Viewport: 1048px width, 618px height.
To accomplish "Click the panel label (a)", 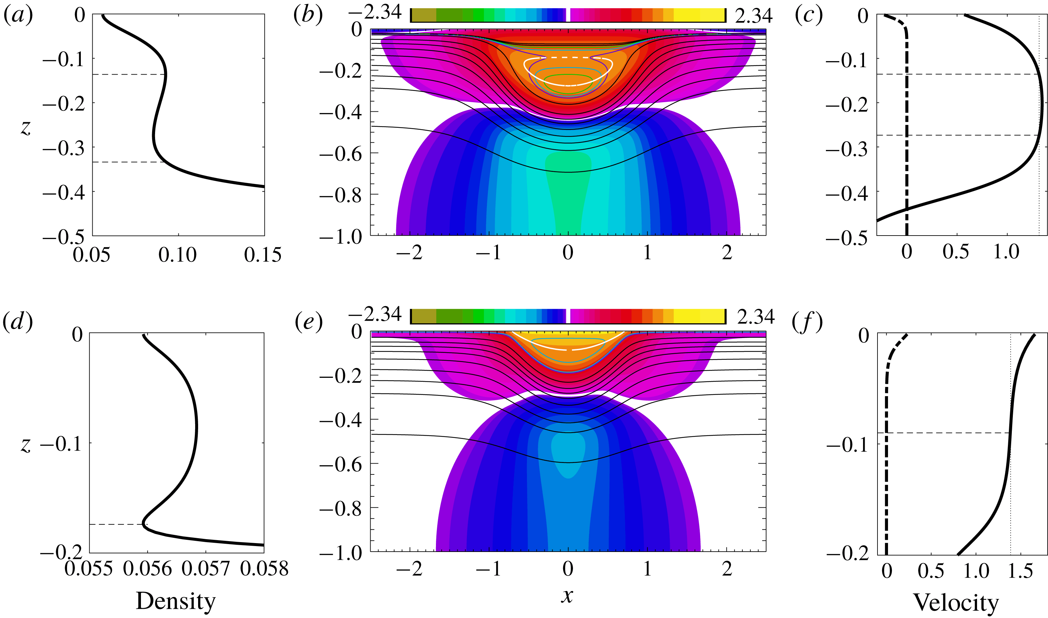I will click(18, 15).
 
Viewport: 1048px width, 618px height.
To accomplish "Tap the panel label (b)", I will click(308, 15).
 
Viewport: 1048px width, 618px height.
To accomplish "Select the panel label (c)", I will click(809, 15).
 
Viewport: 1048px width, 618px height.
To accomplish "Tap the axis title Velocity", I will click(956, 602).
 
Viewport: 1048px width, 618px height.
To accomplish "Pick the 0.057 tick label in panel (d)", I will click(206, 568).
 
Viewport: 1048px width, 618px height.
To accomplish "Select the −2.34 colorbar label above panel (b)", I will click(375, 13).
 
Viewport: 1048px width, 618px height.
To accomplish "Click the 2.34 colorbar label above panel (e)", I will click(756, 317).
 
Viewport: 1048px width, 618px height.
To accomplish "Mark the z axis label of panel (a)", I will click(26, 128).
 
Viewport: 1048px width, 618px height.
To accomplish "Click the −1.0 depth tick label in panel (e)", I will click(340, 553).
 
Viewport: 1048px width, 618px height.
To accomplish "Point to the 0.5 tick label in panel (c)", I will click(956, 252).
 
